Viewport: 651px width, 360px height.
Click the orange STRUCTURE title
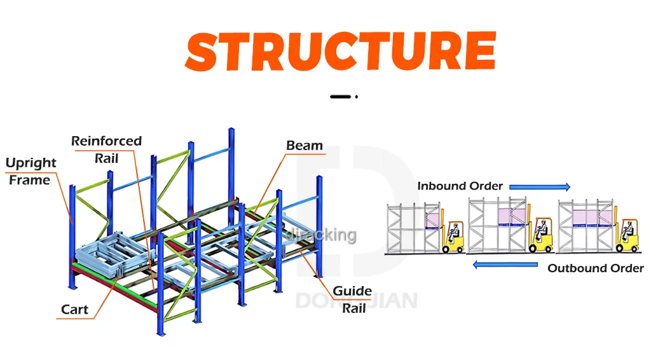(x=341, y=50)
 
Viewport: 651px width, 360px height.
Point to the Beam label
(x=304, y=146)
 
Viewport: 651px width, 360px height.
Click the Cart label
(x=74, y=310)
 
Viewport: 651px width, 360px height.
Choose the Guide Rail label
(x=353, y=300)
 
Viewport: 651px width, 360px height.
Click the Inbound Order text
(x=460, y=186)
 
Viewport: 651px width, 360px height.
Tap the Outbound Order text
(x=595, y=268)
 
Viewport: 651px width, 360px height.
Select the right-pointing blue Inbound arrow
(x=540, y=186)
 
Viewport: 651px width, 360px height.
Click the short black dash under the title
(x=341, y=97)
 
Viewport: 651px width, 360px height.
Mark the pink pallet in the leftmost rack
(x=432, y=218)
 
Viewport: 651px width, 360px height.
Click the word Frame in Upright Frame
(x=29, y=181)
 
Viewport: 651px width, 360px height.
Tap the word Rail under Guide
(x=354, y=308)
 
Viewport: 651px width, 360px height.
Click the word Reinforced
(x=106, y=141)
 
